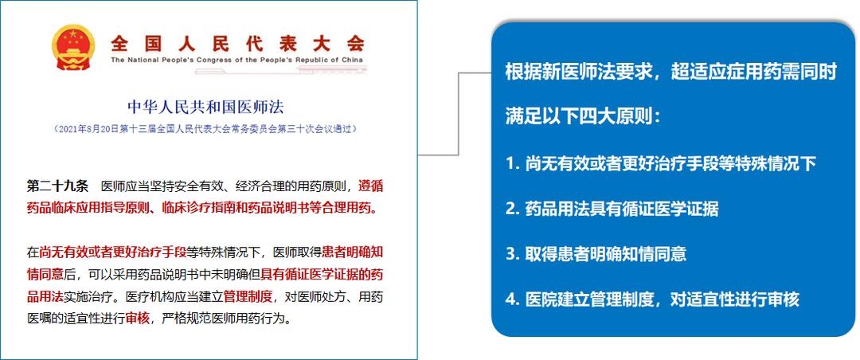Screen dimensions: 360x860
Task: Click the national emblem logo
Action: [x=72, y=46]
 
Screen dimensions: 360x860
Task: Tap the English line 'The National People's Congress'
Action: [x=237, y=60]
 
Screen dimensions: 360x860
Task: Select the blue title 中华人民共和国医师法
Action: [x=205, y=106]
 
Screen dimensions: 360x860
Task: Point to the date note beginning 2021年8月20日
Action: [x=205, y=128]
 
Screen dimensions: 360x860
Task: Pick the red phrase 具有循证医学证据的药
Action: [x=326, y=275]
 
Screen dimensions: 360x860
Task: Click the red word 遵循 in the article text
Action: [x=371, y=186]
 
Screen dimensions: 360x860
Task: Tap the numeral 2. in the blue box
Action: [x=512, y=209]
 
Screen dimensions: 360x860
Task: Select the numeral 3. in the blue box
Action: [x=512, y=254]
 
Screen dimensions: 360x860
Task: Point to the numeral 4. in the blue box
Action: [x=512, y=299]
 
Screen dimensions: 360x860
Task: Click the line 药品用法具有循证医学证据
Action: [x=622, y=209]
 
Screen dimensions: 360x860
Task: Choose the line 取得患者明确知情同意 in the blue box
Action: [x=606, y=254]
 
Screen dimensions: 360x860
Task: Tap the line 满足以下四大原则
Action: [x=582, y=118]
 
